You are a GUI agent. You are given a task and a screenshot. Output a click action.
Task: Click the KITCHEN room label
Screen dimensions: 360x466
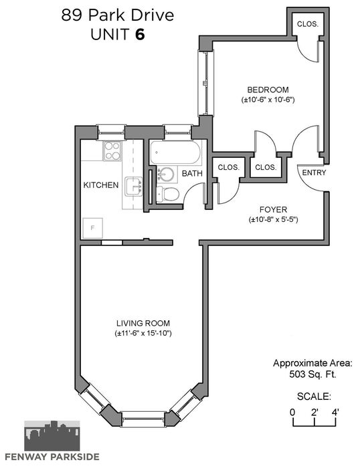[x=101, y=185]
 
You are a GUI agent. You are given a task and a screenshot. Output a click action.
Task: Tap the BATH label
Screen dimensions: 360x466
[x=192, y=173]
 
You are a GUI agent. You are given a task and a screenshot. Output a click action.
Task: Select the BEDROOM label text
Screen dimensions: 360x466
[x=268, y=90]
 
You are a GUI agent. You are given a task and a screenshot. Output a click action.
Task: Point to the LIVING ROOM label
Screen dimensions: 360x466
[x=143, y=323]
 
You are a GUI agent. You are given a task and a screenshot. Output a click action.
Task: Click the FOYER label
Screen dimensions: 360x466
[x=273, y=209]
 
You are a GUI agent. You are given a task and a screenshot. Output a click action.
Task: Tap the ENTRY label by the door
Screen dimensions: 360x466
[x=314, y=172]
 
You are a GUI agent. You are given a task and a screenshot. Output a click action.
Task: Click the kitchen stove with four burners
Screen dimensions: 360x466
[x=112, y=151]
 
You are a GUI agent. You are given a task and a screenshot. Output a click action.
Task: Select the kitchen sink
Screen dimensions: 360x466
[x=134, y=187]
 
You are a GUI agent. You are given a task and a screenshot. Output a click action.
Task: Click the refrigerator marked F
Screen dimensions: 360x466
[x=92, y=228]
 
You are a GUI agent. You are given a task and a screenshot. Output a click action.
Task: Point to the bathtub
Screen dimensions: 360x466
[x=175, y=152]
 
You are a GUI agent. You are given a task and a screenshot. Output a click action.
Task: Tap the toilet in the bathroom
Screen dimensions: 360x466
[x=168, y=194]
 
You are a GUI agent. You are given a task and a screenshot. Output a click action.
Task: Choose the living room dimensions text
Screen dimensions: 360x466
[x=143, y=333]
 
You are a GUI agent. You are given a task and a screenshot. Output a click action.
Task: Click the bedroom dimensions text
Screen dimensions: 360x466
[x=268, y=100]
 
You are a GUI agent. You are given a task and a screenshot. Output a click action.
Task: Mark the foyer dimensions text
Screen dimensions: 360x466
[x=273, y=219]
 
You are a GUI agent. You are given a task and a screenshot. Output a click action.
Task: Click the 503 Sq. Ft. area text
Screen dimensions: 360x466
[x=312, y=374]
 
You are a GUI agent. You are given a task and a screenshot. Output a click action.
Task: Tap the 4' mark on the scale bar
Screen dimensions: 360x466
[x=335, y=413]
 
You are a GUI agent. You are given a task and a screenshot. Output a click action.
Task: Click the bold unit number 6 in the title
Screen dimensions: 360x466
[x=140, y=34]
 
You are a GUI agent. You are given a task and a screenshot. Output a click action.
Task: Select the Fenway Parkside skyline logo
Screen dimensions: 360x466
[x=52, y=436]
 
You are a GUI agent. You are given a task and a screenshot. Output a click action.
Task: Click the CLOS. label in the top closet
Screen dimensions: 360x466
[x=308, y=24]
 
